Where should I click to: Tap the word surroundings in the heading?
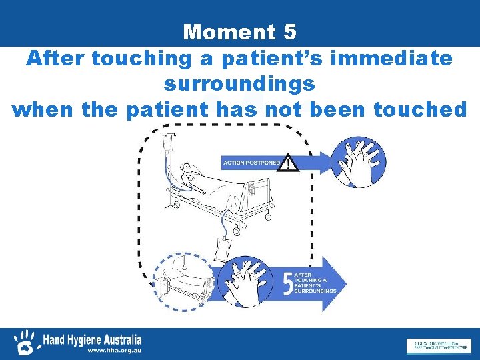239,85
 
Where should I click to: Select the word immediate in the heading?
396,59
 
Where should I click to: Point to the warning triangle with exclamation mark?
288,162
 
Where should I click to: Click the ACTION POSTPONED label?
251,163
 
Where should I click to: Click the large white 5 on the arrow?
288,282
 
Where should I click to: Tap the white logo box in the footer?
437,346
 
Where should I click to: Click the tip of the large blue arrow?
345,283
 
